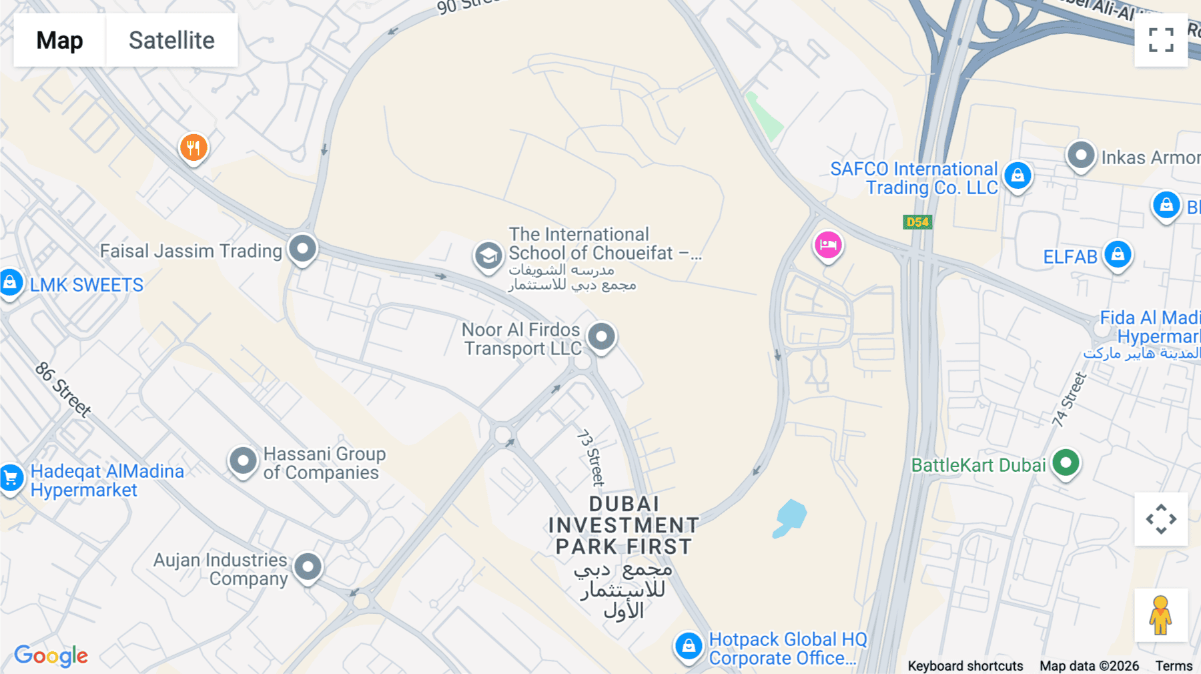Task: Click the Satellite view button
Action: (x=171, y=40)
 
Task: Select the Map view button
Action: (x=59, y=40)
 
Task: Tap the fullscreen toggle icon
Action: (x=1161, y=40)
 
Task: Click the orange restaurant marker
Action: (x=193, y=147)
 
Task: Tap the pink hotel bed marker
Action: (x=828, y=245)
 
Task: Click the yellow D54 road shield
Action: (x=917, y=222)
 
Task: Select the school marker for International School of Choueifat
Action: (x=488, y=256)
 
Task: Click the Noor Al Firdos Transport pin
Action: (x=601, y=336)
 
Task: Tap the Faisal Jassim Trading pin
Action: (x=302, y=248)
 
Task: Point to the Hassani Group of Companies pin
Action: (x=243, y=460)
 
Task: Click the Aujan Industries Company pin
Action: (x=308, y=567)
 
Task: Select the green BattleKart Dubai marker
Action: (x=1066, y=462)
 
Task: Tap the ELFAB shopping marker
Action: (x=1118, y=254)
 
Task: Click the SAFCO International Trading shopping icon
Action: (x=1018, y=176)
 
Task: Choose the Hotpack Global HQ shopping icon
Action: (x=689, y=646)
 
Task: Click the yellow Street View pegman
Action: (x=1161, y=615)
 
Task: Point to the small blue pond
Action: (x=791, y=517)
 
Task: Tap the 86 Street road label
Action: (x=63, y=390)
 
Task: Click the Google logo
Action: (x=51, y=656)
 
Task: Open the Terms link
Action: (x=1174, y=666)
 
